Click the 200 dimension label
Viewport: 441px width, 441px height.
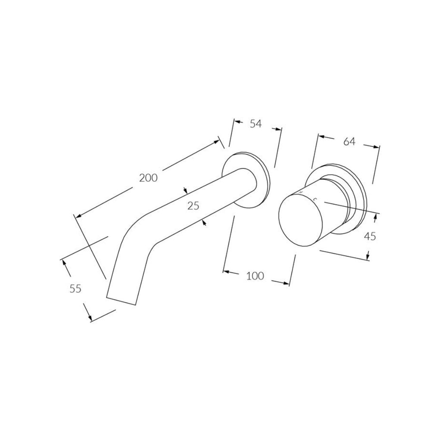click(x=148, y=177)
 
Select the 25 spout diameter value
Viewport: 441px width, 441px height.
click(x=193, y=206)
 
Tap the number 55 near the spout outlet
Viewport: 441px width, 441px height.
click(x=75, y=289)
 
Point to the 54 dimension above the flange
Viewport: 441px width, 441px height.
click(x=256, y=124)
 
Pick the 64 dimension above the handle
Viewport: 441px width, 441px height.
click(x=349, y=141)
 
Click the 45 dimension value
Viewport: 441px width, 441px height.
click(x=369, y=236)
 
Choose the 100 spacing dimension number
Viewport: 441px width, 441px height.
click(x=255, y=276)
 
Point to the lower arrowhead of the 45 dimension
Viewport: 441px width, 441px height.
click(x=367, y=257)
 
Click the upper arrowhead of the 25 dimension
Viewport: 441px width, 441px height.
click(x=185, y=191)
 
